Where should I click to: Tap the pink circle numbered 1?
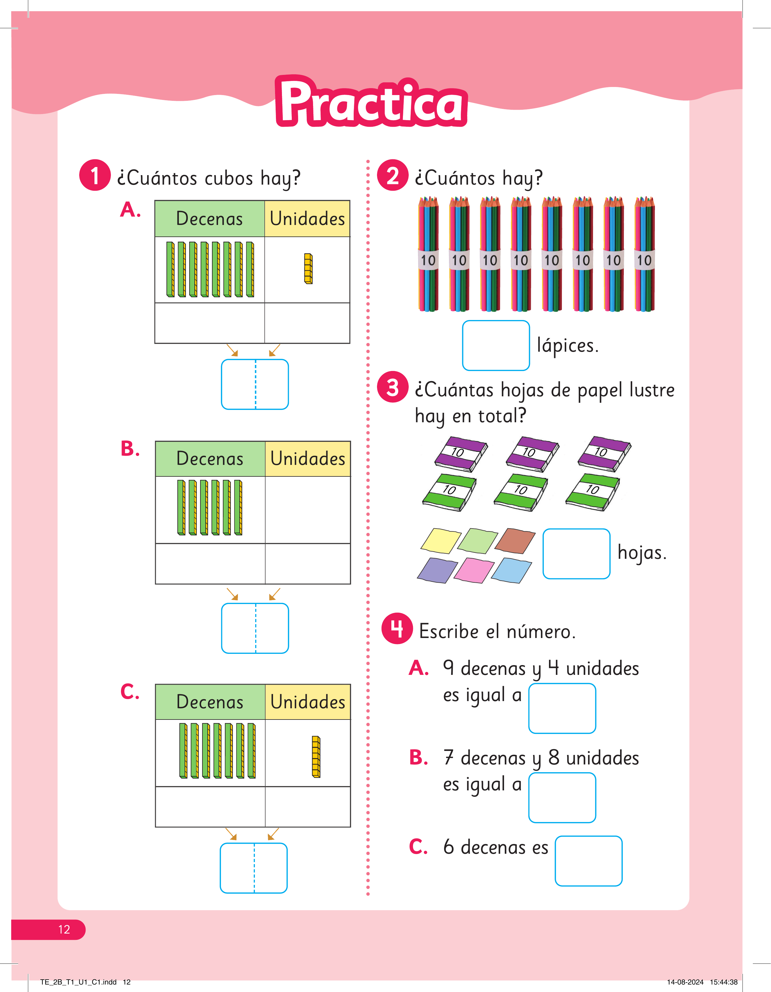point(95,175)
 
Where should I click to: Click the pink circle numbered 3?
point(393,387)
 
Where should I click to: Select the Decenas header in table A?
point(210,218)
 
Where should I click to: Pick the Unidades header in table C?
point(308,702)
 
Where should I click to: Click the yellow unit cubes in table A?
point(308,268)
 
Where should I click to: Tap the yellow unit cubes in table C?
point(316,756)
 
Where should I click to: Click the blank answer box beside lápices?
point(496,345)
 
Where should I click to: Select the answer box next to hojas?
point(576,554)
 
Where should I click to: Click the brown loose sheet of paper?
point(515,541)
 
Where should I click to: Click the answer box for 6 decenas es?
point(588,861)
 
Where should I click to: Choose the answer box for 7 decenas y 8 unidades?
point(562,798)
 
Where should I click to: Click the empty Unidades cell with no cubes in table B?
point(308,510)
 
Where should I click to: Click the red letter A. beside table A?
point(130,210)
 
